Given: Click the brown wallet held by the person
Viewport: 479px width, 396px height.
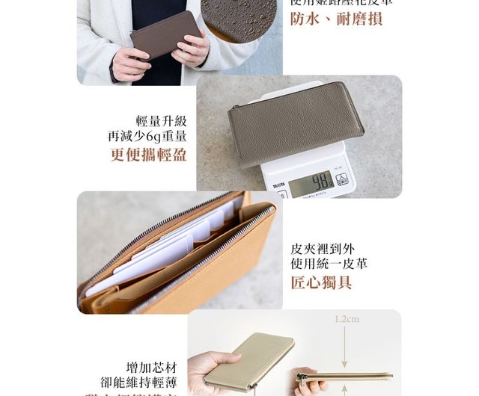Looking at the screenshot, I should [x=165, y=34].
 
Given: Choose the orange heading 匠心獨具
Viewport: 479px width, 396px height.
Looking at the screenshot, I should [x=321, y=282].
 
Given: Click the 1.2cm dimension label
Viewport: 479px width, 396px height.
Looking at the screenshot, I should [x=347, y=319].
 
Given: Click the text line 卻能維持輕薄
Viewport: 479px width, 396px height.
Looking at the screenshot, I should [x=142, y=383].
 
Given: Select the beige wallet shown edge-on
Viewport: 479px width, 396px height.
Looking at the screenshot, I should [x=345, y=375].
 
